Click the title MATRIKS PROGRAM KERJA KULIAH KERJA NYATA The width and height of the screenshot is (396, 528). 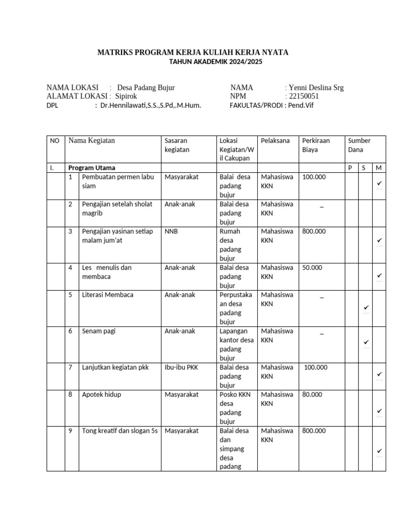[x=193, y=53]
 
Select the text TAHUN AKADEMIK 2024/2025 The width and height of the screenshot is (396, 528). [x=216, y=62]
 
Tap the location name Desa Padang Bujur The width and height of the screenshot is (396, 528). [x=146, y=88]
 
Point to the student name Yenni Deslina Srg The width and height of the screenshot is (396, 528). [x=316, y=88]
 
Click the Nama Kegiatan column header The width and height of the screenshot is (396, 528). [x=92, y=141]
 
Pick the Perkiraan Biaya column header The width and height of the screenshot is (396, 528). [x=316, y=145]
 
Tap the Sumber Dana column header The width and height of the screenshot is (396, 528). [x=359, y=145]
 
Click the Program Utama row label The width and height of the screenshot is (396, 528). [x=92, y=168]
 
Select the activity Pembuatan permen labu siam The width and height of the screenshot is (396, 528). [x=118, y=181]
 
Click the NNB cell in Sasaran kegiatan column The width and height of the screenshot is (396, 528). [x=171, y=232]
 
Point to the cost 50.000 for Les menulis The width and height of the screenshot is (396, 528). [x=312, y=268]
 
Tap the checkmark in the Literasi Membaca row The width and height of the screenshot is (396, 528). [x=366, y=308]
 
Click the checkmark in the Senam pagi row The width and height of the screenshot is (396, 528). [x=366, y=342]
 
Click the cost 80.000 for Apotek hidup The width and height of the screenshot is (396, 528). [x=312, y=394]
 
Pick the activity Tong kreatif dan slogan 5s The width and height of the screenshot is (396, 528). [x=120, y=431]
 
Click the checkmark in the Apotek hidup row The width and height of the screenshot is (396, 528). [x=379, y=411]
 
